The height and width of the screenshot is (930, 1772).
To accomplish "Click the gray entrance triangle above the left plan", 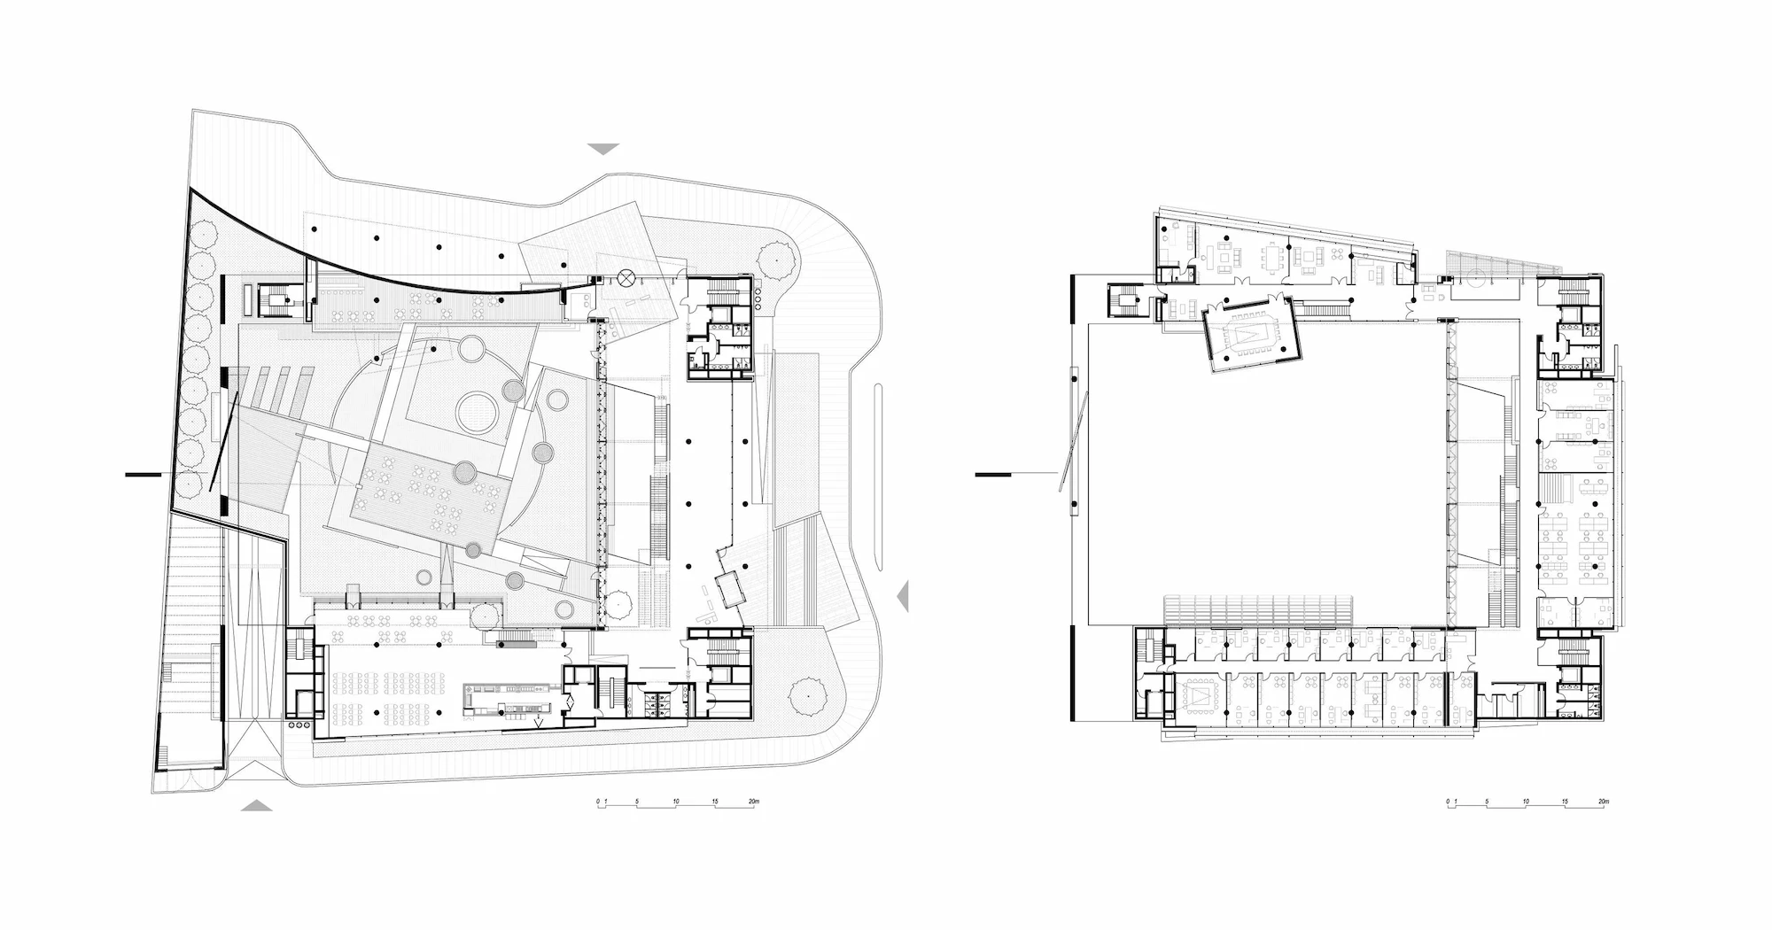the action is pos(603,149).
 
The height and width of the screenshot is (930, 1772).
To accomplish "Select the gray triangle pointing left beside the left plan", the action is pos(903,596).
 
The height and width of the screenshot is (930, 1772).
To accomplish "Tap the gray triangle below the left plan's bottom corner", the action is pos(257,805).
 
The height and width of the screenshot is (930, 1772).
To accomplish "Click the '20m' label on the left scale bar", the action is pos(753,802).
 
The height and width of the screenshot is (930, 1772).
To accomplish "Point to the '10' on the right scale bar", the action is pos(1526,802).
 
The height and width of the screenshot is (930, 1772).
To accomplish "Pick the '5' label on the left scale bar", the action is pos(637,802).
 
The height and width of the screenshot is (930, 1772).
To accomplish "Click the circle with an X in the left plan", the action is pos(627,277).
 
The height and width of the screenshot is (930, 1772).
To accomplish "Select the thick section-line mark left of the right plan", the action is pos(993,476).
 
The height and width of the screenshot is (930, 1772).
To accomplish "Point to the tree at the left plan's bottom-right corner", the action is pos(806,696).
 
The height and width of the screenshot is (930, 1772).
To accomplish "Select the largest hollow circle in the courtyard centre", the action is pos(478,411).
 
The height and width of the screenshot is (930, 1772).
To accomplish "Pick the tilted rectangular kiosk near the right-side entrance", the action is pos(731,588).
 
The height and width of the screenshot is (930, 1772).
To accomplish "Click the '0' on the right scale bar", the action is pos(1448,802).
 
